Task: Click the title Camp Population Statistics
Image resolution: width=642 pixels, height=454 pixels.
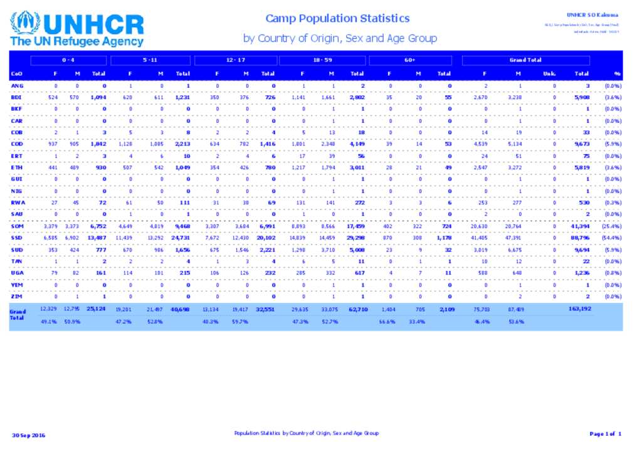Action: click(337, 19)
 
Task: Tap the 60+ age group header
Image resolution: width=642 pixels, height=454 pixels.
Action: click(410, 60)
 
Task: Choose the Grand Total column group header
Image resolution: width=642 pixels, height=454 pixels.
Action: click(525, 60)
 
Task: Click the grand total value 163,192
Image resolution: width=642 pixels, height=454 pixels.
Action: click(579, 309)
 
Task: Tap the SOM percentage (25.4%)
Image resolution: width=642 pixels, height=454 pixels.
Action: click(612, 226)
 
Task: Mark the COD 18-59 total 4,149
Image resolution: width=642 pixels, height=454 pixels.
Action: click(356, 144)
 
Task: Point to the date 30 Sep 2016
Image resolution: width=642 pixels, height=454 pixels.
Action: click(29, 435)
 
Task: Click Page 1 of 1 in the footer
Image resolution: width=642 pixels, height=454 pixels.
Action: click(605, 434)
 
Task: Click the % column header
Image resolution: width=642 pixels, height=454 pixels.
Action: click(617, 73)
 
